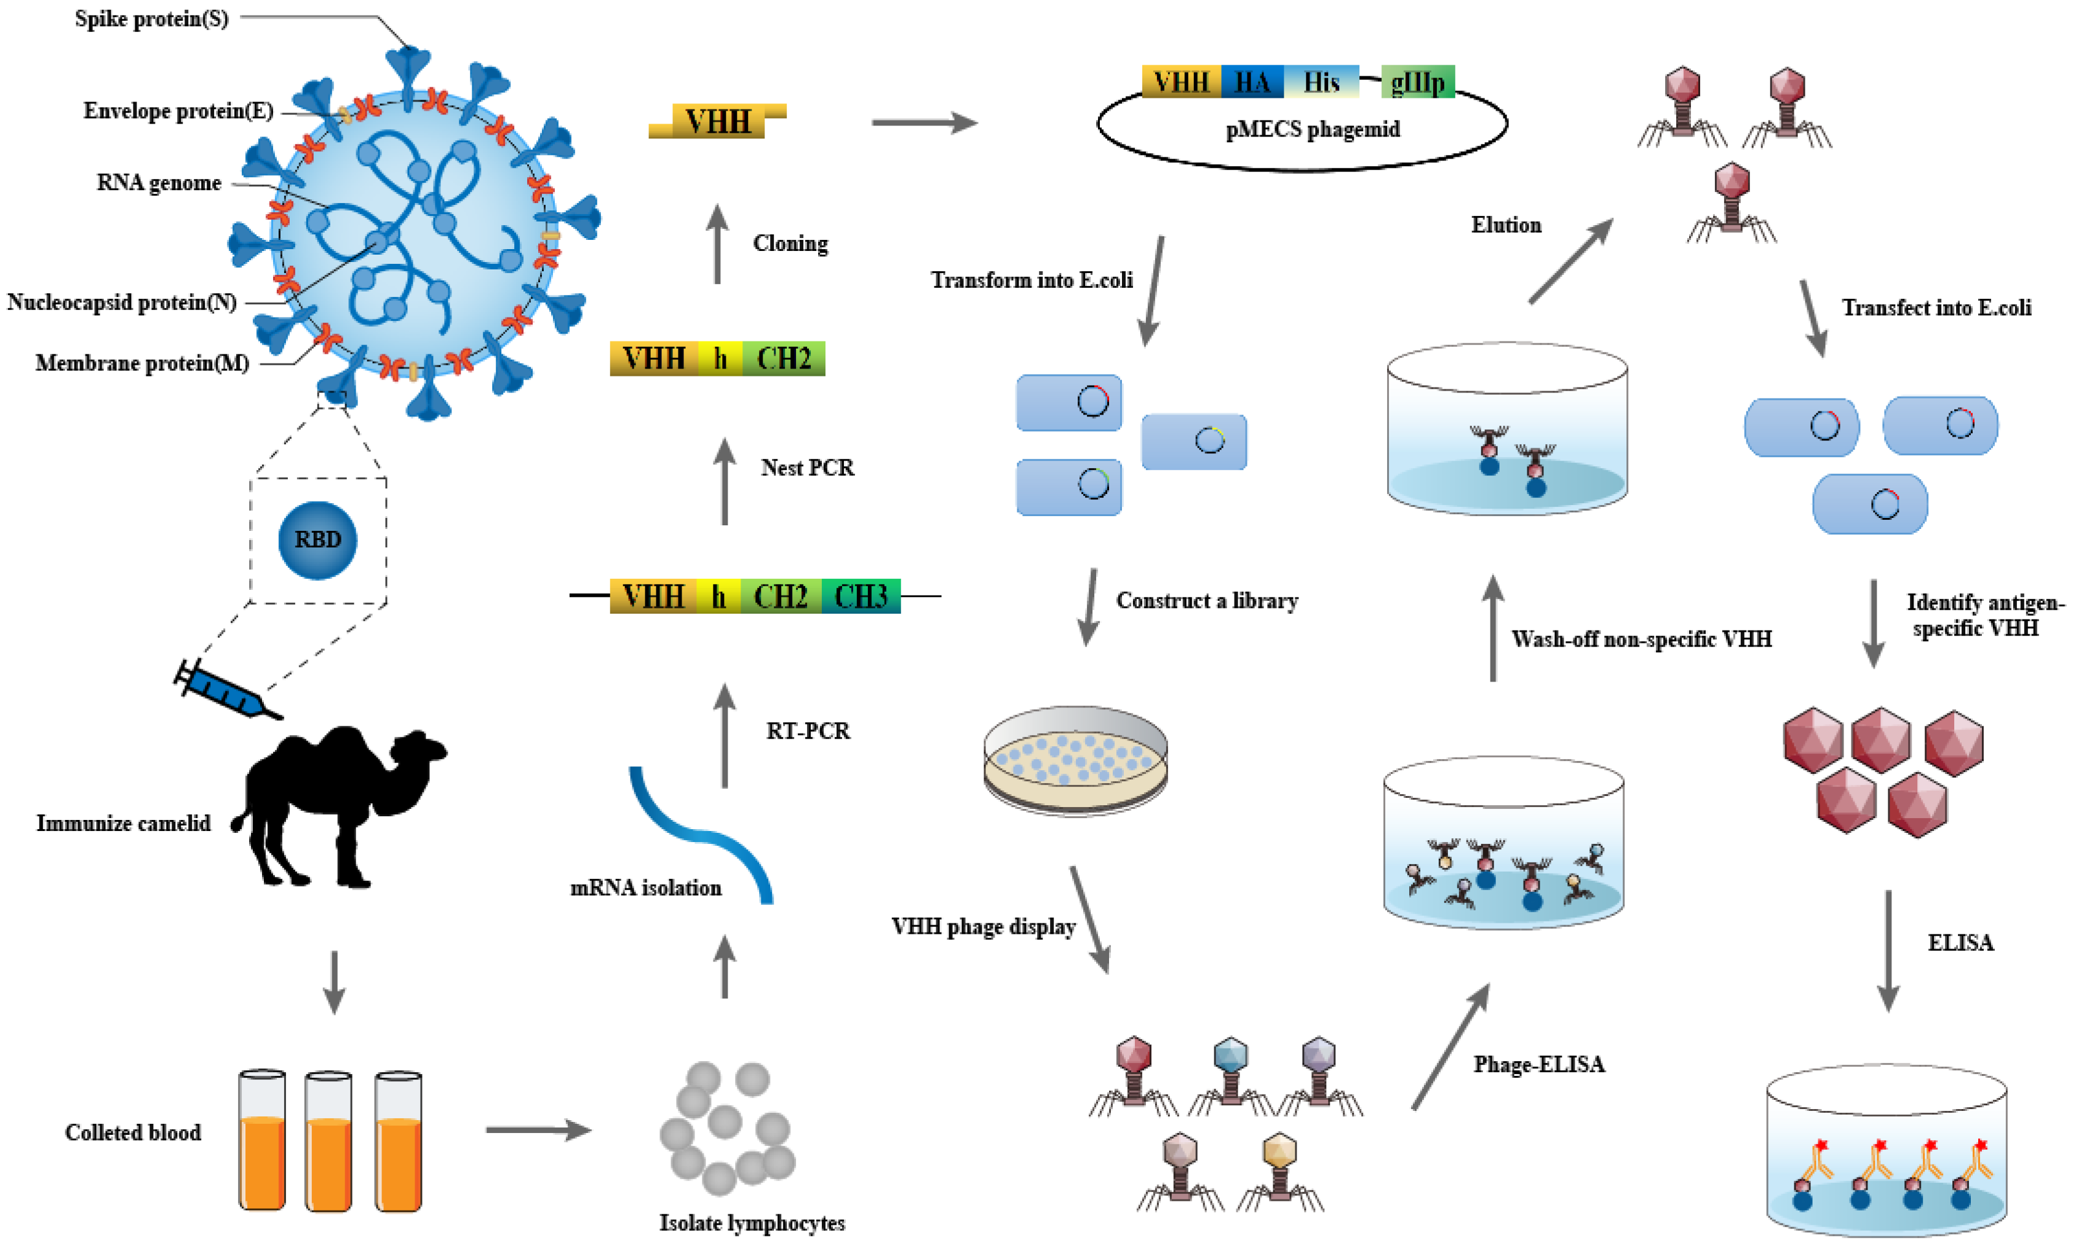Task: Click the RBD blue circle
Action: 317,540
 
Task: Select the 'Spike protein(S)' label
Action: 152,18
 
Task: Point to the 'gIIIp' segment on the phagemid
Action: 1418,82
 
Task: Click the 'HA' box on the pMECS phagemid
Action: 1252,82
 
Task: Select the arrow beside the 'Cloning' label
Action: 717,244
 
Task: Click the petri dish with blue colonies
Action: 1075,759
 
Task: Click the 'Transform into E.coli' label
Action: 1032,280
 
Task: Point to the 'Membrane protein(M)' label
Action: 142,363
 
